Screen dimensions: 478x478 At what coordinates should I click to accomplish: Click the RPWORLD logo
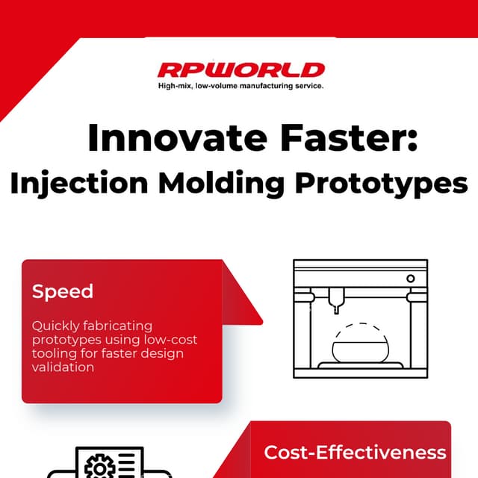[240, 70]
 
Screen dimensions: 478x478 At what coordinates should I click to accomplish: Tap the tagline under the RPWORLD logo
[240, 87]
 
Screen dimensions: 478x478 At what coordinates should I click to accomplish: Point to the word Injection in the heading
[77, 183]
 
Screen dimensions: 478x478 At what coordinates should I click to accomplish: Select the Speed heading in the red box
[63, 291]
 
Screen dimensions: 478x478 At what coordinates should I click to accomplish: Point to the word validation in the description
[63, 367]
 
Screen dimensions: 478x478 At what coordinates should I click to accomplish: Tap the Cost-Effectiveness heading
[355, 453]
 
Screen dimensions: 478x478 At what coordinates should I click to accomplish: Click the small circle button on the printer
[410, 279]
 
